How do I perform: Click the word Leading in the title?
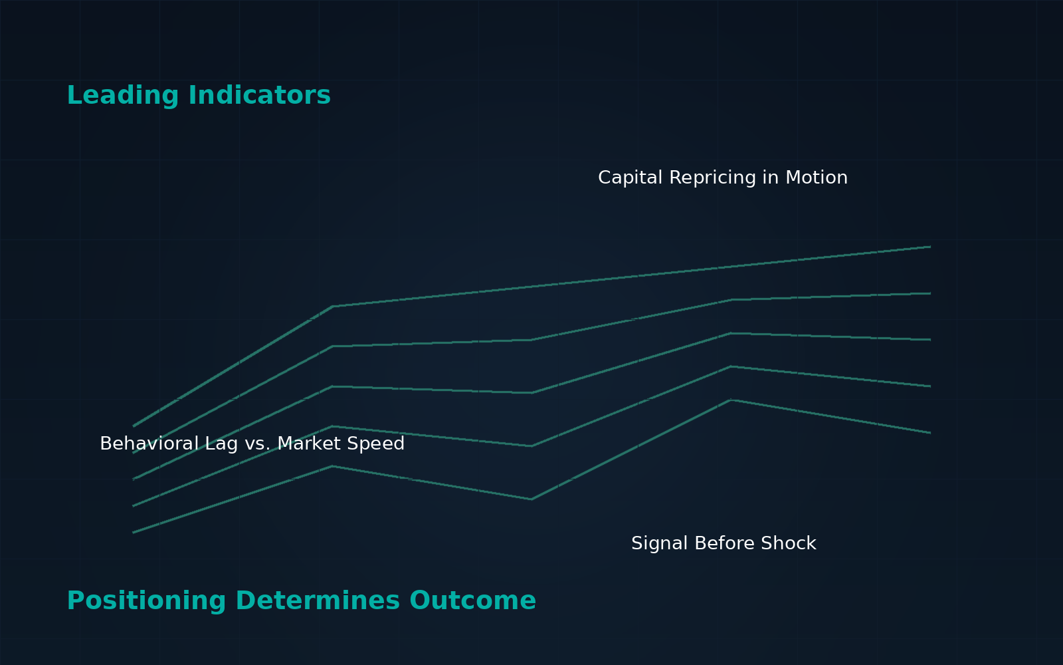[x=123, y=96]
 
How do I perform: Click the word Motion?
[x=817, y=178]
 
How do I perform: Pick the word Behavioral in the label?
[x=149, y=444]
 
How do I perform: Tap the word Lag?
[x=221, y=445]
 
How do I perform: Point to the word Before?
[x=724, y=543]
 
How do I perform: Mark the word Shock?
[x=788, y=543]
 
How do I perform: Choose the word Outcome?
[x=472, y=601]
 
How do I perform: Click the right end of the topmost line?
[x=930, y=247]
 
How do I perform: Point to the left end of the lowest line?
[x=134, y=533]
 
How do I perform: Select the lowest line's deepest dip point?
[x=531, y=499]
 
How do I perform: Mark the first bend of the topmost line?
[x=333, y=307]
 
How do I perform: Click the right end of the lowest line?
[x=930, y=433]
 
